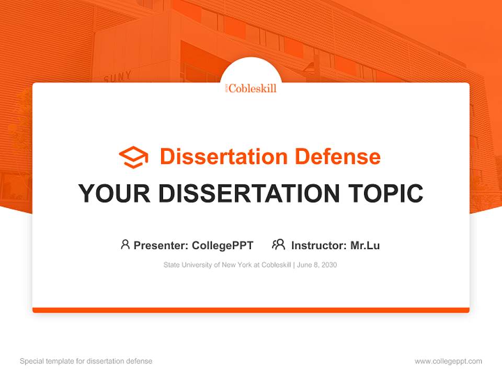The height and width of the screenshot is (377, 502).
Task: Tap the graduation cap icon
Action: click(133, 157)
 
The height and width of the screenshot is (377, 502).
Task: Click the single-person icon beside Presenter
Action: click(125, 245)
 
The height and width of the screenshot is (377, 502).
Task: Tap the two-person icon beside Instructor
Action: click(279, 245)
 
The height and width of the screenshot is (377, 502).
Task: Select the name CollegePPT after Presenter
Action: click(222, 245)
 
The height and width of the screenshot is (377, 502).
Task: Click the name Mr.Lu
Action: click(365, 245)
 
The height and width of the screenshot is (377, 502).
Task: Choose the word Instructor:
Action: click(319, 245)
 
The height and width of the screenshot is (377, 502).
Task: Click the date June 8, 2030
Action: click(317, 265)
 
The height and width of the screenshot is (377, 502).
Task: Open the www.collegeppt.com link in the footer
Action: click(448, 361)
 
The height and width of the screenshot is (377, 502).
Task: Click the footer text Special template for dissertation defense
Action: click(86, 361)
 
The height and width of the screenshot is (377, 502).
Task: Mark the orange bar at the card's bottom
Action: click(251, 310)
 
